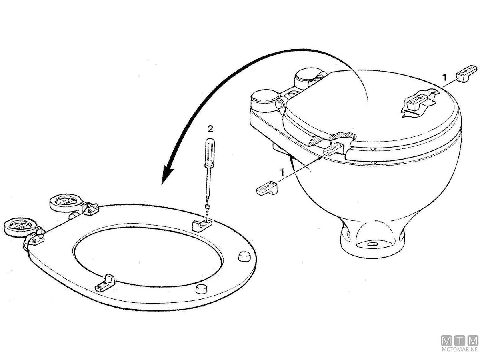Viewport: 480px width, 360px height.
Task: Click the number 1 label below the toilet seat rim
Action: (x=282, y=173)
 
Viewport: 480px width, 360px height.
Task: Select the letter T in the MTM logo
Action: (x=460, y=340)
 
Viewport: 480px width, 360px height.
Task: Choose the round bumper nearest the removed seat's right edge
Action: (x=243, y=256)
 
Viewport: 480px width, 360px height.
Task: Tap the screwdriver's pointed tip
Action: (x=208, y=200)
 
